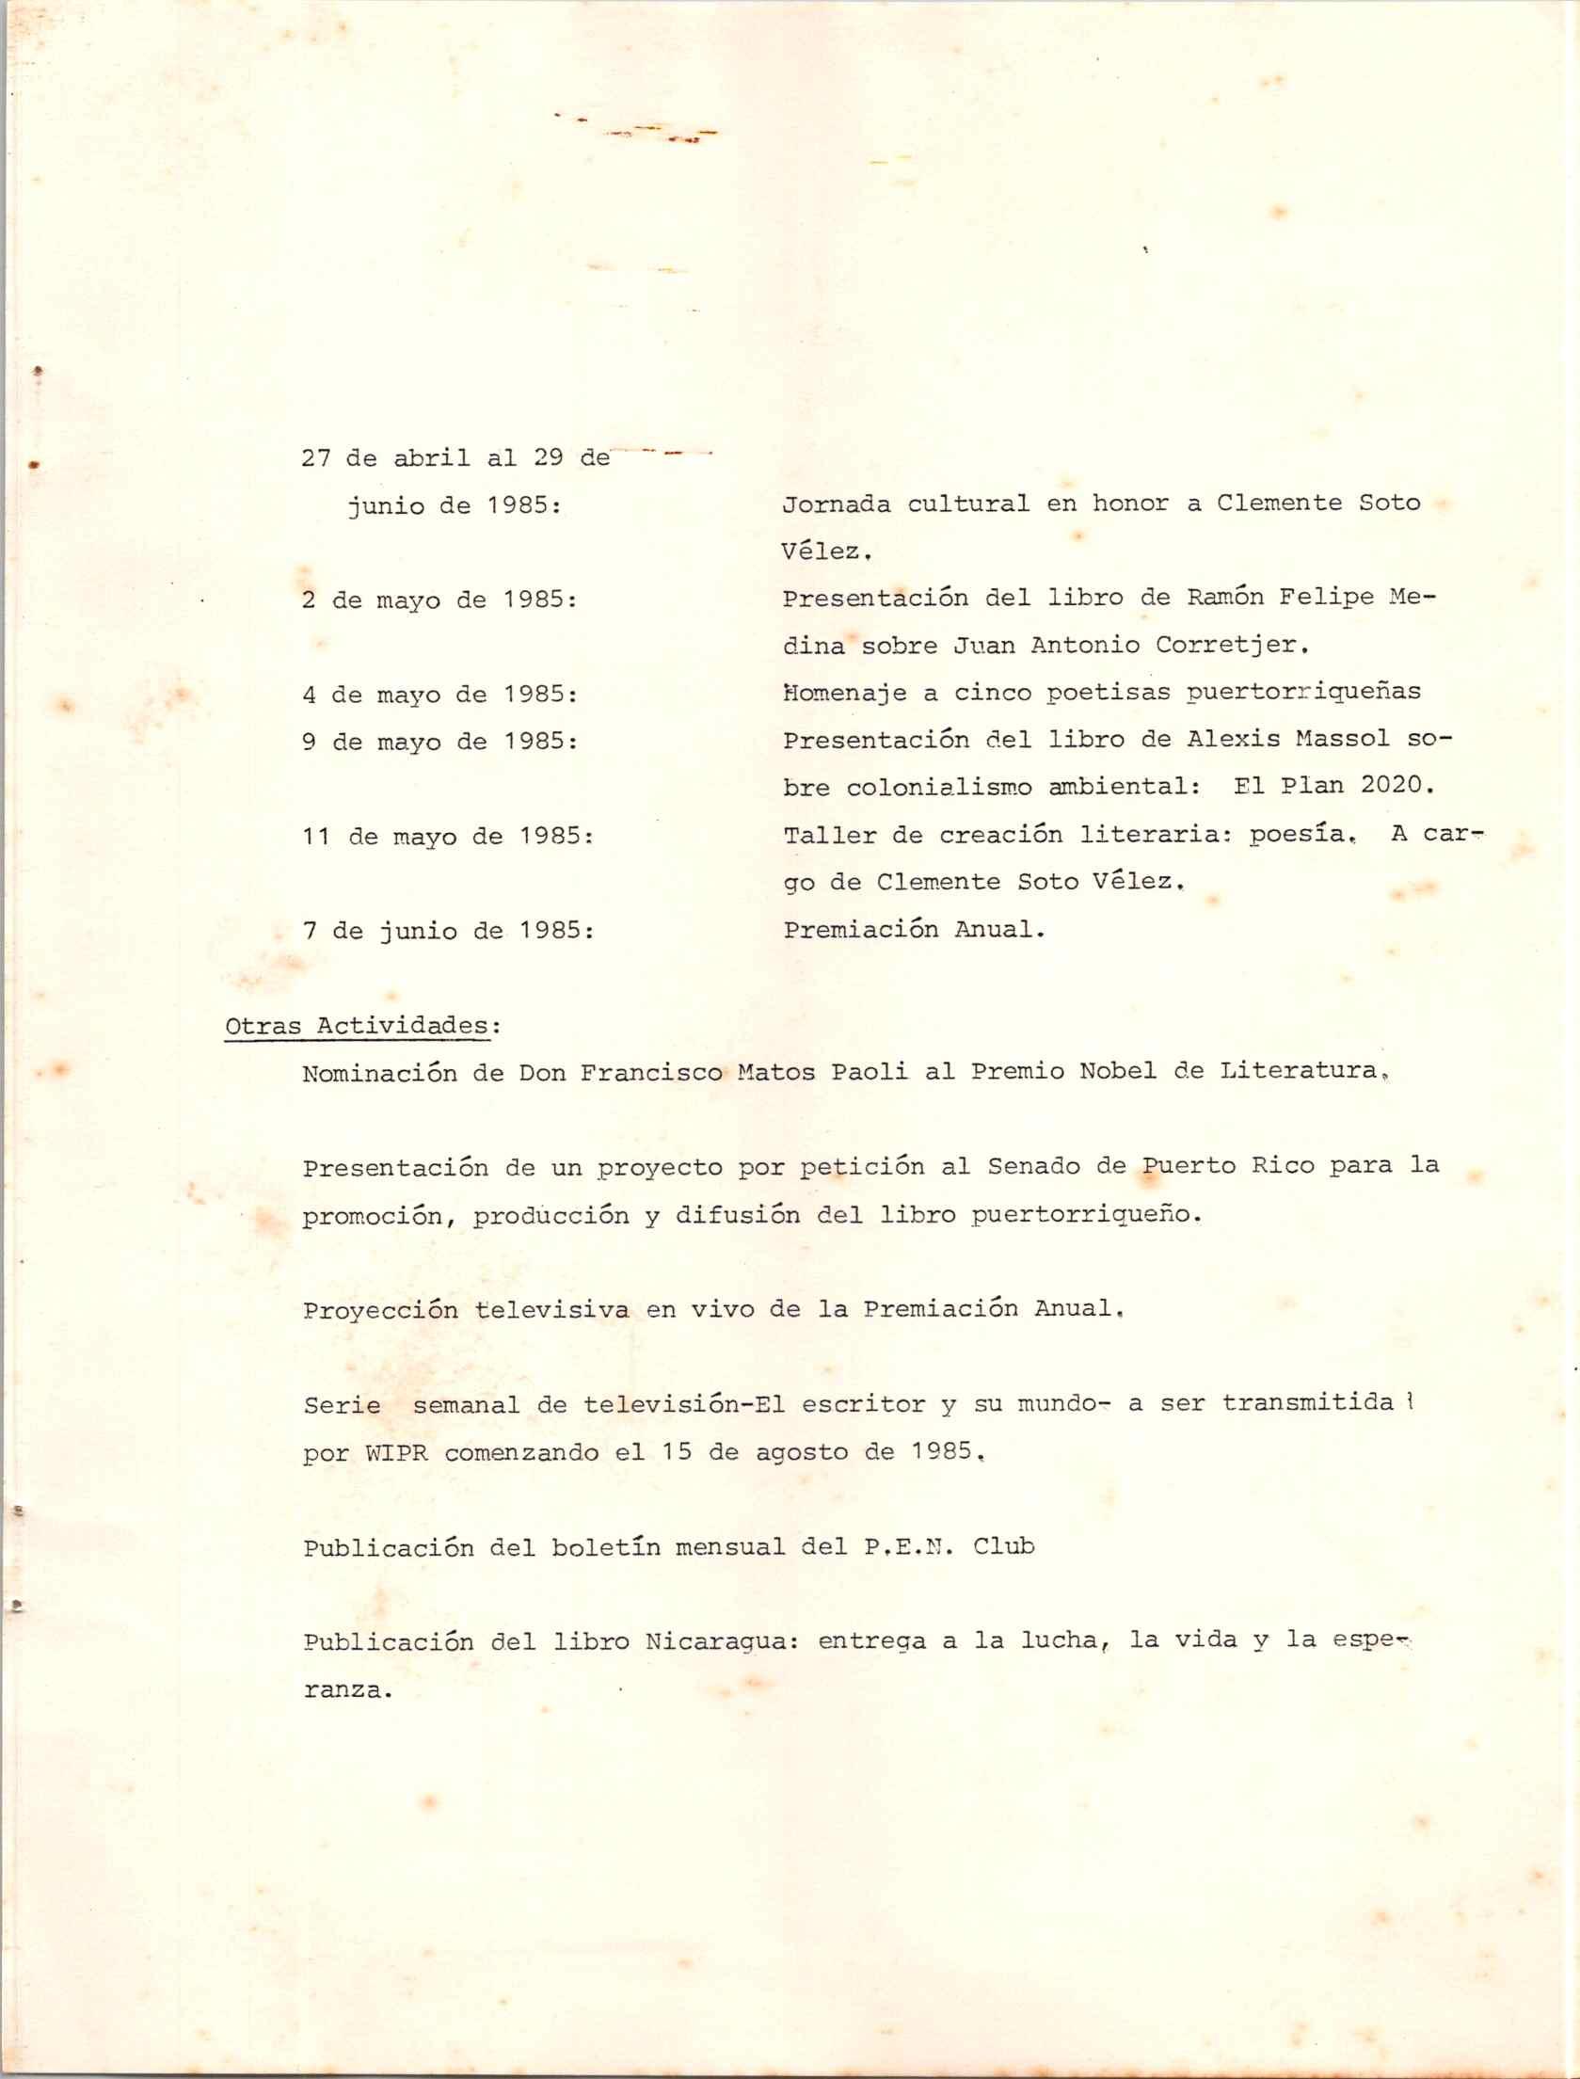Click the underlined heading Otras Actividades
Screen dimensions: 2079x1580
click(x=358, y=1026)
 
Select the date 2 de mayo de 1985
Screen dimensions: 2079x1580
click(x=439, y=600)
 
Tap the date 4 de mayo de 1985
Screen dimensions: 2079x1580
click(x=439, y=695)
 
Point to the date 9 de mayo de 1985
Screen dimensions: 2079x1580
click(x=439, y=742)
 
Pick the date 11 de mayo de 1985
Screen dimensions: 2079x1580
click(x=446, y=837)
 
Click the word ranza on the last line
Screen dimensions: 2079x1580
click(x=346, y=1690)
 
